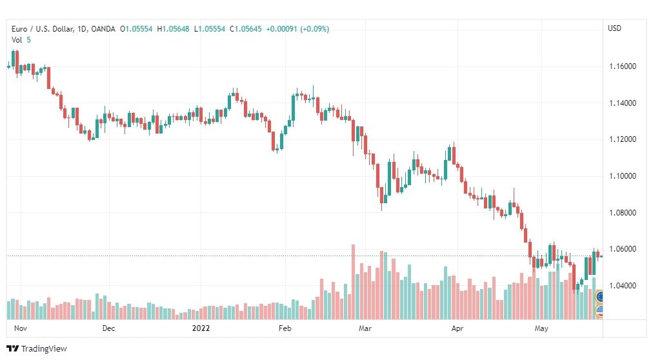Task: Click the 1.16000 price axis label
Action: [x=623, y=66]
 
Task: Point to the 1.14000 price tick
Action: [x=623, y=103]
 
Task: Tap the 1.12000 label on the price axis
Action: [x=623, y=139]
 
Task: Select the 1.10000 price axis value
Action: [x=623, y=176]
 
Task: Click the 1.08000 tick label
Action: [x=623, y=213]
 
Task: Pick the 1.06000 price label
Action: [x=623, y=249]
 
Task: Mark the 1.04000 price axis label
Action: [x=623, y=286]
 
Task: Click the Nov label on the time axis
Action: [x=21, y=328]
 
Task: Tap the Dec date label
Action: [x=108, y=328]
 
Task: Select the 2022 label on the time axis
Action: [x=201, y=328]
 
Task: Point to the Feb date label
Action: [x=285, y=328]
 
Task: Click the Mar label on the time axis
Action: [x=365, y=328]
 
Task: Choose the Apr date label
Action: [x=457, y=328]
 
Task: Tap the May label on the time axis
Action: [x=541, y=328]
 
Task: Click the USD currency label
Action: [x=615, y=28]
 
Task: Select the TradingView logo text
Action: [x=44, y=349]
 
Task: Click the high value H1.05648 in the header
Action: [x=173, y=29]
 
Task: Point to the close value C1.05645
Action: [x=246, y=29]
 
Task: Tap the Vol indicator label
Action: [x=17, y=40]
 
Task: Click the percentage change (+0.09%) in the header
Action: [x=314, y=29]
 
